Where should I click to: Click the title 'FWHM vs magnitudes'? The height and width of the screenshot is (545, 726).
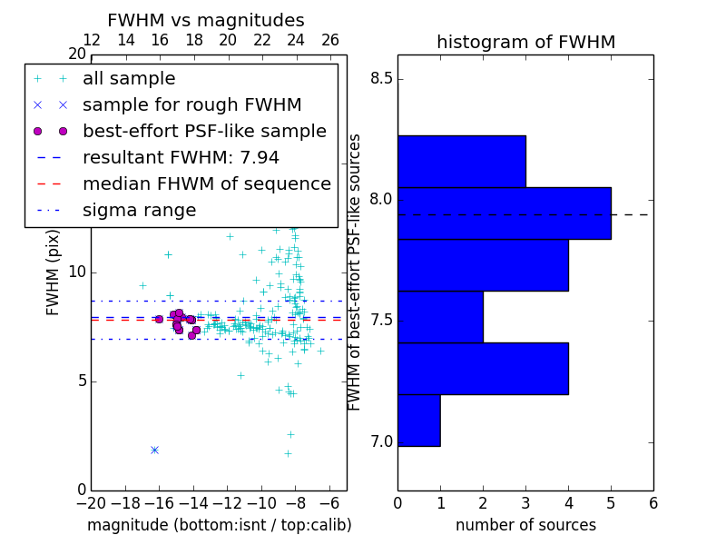tap(206, 20)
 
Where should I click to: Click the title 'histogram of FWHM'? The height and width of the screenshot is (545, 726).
tap(525, 42)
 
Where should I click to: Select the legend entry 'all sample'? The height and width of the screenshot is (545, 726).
tap(129, 79)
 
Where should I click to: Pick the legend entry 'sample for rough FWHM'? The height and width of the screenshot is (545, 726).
tap(191, 104)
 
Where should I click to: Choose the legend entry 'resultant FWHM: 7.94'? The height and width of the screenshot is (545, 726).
tap(181, 157)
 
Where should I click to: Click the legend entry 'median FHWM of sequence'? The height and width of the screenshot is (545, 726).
tap(206, 183)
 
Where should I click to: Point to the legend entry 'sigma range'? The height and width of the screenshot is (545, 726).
tap(139, 210)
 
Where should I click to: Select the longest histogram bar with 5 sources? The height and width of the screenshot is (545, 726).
tap(505, 213)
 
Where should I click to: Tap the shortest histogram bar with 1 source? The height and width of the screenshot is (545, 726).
tap(419, 420)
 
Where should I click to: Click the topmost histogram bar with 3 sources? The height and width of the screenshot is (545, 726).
tap(462, 161)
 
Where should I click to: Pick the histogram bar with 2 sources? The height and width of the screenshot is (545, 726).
tap(440, 316)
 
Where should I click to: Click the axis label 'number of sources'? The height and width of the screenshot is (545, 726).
tap(525, 525)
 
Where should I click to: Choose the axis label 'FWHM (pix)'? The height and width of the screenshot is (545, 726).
tap(54, 273)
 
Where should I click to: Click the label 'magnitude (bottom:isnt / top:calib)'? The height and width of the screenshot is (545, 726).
tap(219, 525)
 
